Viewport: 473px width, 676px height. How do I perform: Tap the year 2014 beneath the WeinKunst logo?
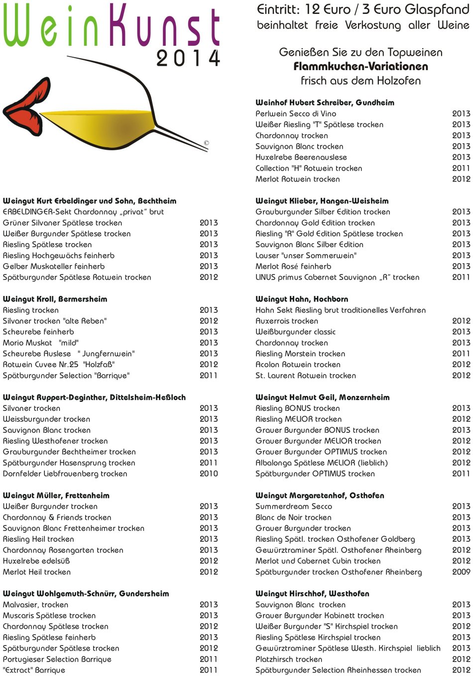point(188,59)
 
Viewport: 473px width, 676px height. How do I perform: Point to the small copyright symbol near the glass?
point(206,143)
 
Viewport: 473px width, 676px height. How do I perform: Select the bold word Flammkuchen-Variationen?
point(360,66)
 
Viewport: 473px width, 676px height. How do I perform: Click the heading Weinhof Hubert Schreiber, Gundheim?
point(325,102)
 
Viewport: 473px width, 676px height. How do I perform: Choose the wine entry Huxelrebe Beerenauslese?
point(301,157)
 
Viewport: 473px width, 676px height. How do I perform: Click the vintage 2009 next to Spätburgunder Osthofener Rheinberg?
point(461,572)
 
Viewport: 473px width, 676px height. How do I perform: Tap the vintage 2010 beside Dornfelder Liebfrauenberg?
point(209,474)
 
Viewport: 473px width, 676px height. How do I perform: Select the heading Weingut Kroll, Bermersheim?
point(55,299)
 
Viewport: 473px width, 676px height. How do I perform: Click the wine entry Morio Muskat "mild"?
point(41,343)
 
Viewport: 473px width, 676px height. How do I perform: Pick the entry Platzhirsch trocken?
point(289,659)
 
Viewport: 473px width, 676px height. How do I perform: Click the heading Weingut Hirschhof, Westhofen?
point(312,593)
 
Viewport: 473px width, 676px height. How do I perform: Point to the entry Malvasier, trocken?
point(35,604)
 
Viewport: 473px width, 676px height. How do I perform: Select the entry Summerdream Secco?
point(293,506)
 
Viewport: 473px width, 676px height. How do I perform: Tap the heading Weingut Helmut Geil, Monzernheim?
point(322,397)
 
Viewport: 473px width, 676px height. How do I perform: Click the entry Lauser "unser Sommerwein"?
point(306,255)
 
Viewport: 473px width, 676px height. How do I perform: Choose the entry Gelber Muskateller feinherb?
point(54,266)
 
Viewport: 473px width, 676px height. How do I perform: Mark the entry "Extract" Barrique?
point(34,670)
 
